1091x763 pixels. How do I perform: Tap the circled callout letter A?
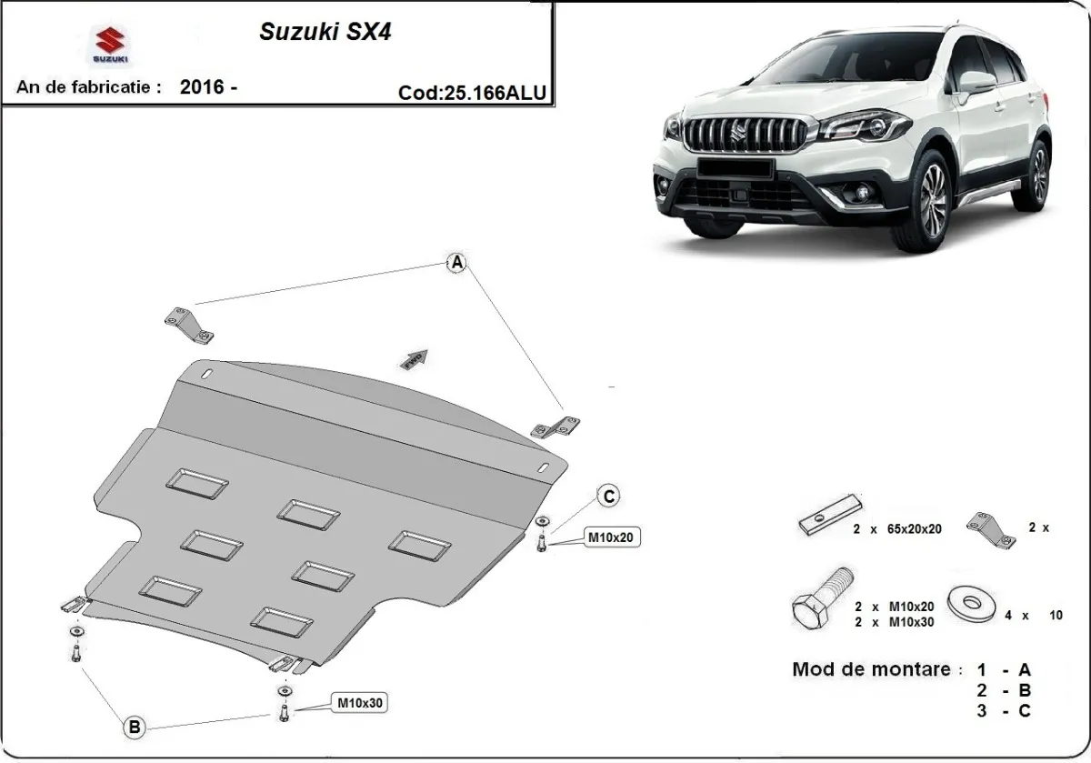(457, 264)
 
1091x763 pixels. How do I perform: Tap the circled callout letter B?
(135, 727)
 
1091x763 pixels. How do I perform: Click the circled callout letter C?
(608, 496)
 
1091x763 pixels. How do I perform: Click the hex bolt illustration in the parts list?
(824, 599)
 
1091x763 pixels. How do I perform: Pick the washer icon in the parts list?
(969, 601)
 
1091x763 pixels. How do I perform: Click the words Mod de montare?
(866, 669)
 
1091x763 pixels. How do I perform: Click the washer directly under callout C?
(543, 521)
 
